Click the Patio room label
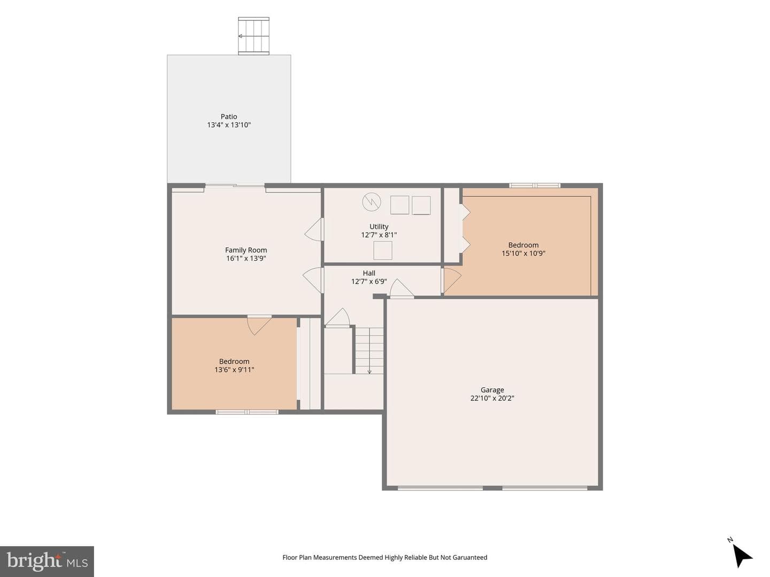(x=229, y=116)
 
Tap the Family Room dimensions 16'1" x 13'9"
(x=246, y=259)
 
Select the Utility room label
(x=379, y=227)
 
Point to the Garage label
(x=492, y=389)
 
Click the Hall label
(x=369, y=273)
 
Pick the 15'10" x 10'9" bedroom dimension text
(x=523, y=253)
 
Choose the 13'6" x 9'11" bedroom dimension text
(x=234, y=370)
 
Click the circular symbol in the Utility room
(x=372, y=202)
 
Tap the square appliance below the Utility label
(x=383, y=251)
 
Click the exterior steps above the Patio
(x=253, y=36)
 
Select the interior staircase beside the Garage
(x=369, y=350)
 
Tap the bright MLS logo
(x=47, y=562)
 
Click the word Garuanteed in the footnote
(x=469, y=557)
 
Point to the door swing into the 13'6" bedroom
(x=259, y=325)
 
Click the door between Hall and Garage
(x=402, y=288)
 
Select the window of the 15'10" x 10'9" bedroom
(x=535, y=185)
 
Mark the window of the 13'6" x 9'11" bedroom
(x=247, y=412)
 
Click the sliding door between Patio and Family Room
(x=235, y=185)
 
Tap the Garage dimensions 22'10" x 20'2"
(x=492, y=398)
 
